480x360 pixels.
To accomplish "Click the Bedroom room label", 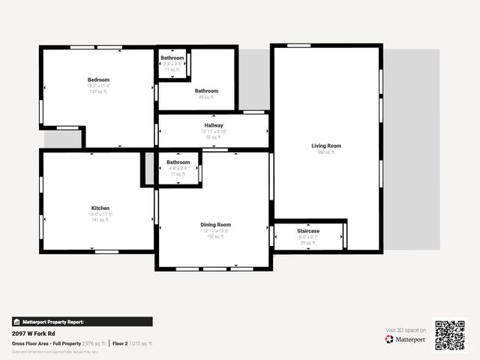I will [x=98, y=79].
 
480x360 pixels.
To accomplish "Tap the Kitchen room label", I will [x=100, y=208].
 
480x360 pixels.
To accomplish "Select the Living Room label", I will [x=326, y=145].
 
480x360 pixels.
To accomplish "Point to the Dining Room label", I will [x=215, y=224].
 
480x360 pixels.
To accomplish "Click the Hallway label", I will [x=214, y=125].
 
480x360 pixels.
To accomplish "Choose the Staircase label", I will [x=308, y=230].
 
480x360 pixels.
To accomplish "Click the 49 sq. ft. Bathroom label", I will [x=206, y=91].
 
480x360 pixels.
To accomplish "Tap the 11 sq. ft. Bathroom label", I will [x=172, y=58].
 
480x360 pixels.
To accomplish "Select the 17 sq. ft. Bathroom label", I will [x=178, y=162].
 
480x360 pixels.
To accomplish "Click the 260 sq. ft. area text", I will [x=326, y=151].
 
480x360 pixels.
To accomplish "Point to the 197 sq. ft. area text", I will [x=98, y=91].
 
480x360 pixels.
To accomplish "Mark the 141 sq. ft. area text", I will [x=100, y=220].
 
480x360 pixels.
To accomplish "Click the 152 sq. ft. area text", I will [x=215, y=236].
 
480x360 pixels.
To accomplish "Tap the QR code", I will [x=450, y=336].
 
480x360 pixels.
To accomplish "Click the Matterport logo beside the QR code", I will [x=406, y=339].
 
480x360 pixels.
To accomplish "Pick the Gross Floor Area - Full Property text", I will [x=46, y=343].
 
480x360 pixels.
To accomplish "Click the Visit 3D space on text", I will [x=406, y=330].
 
